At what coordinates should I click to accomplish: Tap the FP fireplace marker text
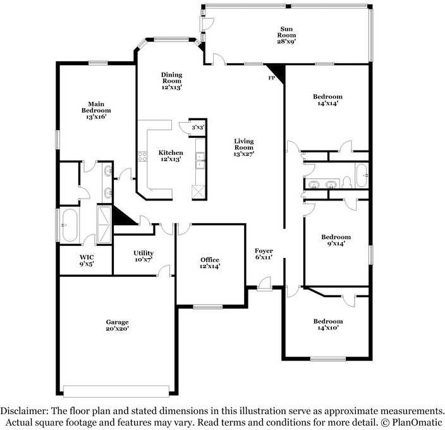click(272, 78)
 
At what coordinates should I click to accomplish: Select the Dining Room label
click(171, 80)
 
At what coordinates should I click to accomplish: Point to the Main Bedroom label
click(96, 110)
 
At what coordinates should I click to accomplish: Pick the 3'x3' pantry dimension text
click(198, 127)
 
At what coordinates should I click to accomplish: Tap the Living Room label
click(244, 147)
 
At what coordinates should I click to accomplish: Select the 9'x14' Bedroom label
click(336, 240)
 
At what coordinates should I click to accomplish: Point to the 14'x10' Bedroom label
click(328, 324)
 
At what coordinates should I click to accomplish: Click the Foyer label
click(264, 254)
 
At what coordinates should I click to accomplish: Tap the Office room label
click(210, 263)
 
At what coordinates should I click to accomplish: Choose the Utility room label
click(143, 257)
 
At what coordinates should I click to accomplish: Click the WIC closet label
click(87, 261)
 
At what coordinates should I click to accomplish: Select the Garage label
click(117, 325)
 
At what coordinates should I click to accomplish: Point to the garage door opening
click(117, 390)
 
